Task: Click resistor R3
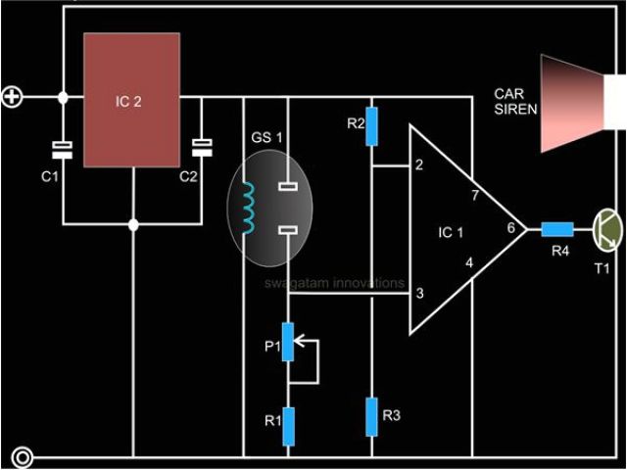coord(371,417)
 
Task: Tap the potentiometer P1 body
coord(288,343)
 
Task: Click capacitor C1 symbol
coord(63,149)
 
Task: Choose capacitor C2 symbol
coord(202,147)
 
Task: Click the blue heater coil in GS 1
coord(249,209)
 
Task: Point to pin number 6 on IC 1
coord(509,227)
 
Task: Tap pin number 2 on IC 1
coord(419,165)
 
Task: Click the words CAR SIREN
coord(515,102)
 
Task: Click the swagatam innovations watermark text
coord(333,283)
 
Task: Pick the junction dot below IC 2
coord(134,225)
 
